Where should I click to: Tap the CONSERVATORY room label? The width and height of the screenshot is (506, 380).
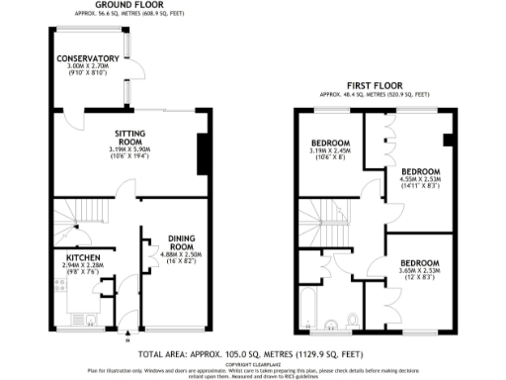(x=88, y=59)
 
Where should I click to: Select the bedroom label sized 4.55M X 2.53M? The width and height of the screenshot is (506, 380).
(x=419, y=172)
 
